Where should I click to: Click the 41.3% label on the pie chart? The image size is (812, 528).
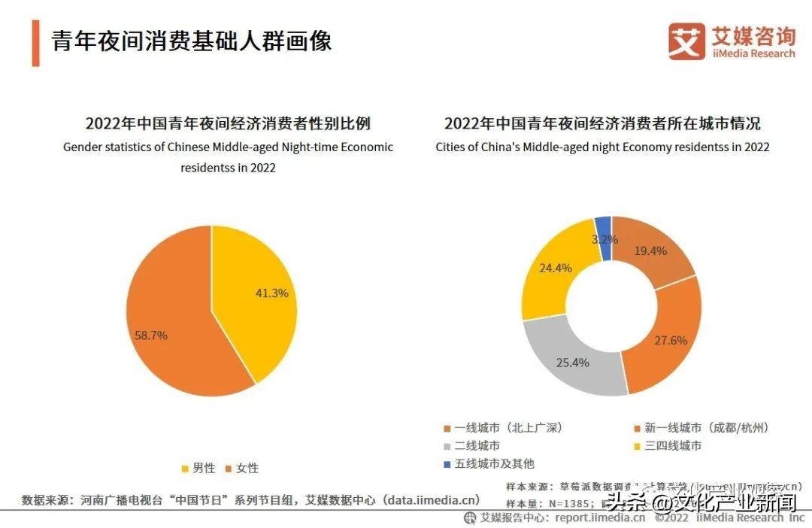click(x=271, y=293)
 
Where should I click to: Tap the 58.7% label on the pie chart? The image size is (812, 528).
click(x=151, y=335)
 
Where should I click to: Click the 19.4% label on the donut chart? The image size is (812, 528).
click(x=651, y=251)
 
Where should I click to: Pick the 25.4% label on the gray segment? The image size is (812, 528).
click(x=572, y=363)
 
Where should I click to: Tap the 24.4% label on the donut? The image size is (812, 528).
click(x=556, y=268)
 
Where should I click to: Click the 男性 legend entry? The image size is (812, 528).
click(x=198, y=468)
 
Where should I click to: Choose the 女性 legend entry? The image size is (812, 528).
click(x=241, y=468)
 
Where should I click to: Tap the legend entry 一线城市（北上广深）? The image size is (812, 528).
click(x=503, y=428)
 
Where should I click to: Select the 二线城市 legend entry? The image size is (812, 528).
click(x=471, y=446)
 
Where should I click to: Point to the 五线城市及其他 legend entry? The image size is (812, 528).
click(x=489, y=464)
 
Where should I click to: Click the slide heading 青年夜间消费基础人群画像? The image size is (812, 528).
click(x=192, y=41)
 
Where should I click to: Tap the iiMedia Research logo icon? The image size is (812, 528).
click(x=686, y=41)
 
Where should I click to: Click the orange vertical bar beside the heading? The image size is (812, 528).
click(x=35, y=42)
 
